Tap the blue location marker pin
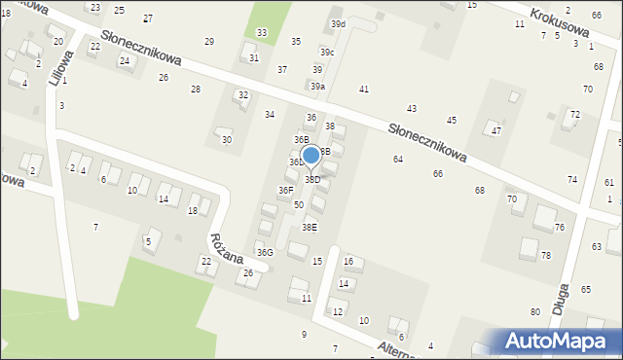[x=311, y=156]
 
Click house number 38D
[x=312, y=180]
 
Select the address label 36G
[x=265, y=252]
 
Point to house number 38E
[x=309, y=228]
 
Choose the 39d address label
[x=338, y=23]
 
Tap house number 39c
[x=327, y=53]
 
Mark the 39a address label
[x=317, y=87]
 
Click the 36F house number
[x=285, y=190]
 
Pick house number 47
[x=496, y=130]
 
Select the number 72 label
[x=575, y=115]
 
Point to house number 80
[x=535, y=311]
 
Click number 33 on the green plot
[x=262, y=33]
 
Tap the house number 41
[x=364, y=90]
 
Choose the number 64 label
[x=398, y=159]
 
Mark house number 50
[x=299, y=205]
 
